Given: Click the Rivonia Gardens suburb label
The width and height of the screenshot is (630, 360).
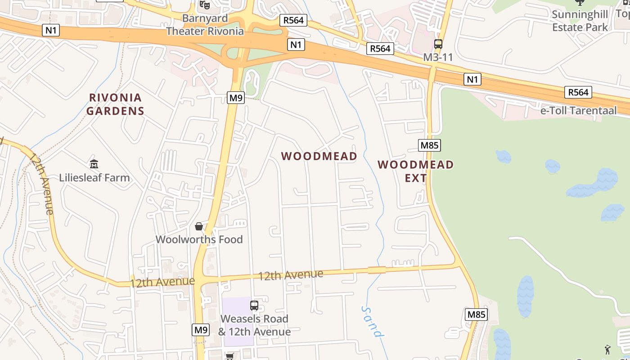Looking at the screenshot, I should click(x=115, y=104).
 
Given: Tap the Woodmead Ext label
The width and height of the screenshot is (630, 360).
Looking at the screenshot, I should click(x=415, y=171).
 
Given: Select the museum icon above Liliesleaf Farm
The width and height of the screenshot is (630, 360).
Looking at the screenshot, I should click(x=94, y=164).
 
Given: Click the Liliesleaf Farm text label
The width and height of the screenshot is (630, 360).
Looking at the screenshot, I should click(x=94, y=178).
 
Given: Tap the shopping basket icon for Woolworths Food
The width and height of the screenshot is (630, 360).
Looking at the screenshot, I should click(x=199, y=226).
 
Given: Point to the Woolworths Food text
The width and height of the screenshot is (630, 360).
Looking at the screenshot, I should click(x=199, y=239).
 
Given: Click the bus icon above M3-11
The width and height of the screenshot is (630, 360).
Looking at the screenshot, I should click(x=438, y=44).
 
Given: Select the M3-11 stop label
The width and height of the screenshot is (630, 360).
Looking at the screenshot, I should click(x=438, y=58).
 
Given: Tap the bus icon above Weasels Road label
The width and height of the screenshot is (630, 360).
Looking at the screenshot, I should click(x=254, y=306).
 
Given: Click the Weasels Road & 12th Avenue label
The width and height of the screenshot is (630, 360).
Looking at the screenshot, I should click(x=254, y=325).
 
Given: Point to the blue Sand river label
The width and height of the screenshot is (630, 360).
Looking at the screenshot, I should click(x=373, y=321).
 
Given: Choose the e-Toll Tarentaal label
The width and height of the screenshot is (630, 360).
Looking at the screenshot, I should click(x=578, y=111).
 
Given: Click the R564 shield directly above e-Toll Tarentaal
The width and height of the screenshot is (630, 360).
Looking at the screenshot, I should click(x=578, y=92).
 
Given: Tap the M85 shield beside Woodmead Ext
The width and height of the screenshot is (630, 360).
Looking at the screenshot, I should click(x=429, y=145).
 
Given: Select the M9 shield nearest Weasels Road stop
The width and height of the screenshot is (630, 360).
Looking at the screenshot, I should click(x=201, y=330).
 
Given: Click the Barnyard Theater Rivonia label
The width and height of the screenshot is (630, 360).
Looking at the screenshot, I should click(x=205, y=25).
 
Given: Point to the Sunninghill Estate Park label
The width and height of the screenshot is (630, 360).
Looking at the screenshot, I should click(x=580, y=21).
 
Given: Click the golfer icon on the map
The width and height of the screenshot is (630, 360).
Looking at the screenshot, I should click(x=607, y=349).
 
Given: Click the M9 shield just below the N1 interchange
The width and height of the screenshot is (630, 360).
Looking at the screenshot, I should click(x=235, y=98).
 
